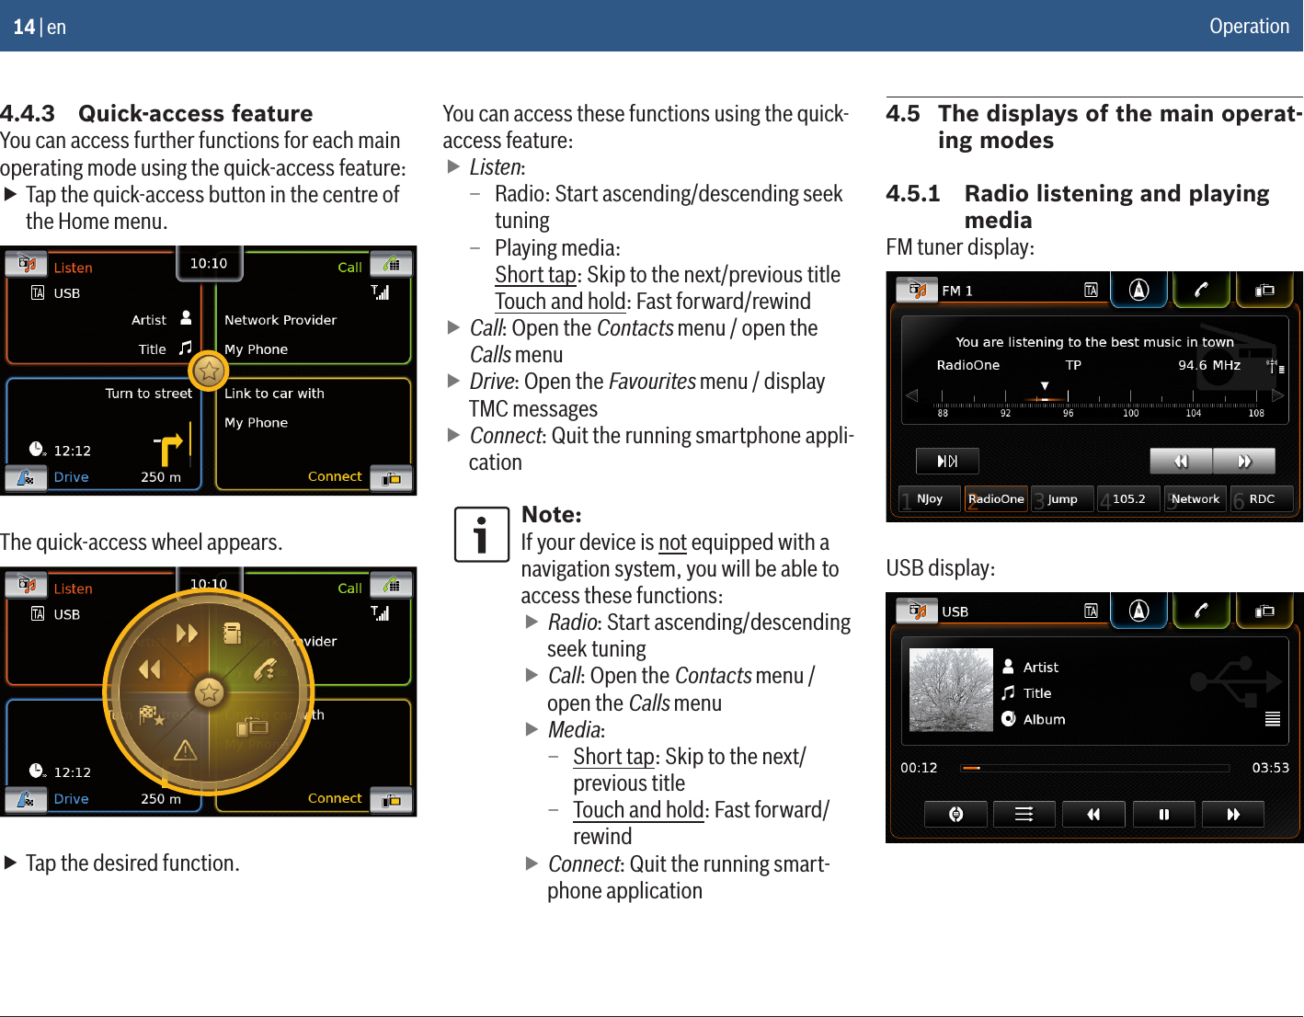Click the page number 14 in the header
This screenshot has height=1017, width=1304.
[x=23, y=27]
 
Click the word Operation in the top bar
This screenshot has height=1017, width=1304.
[x=1249, y=26]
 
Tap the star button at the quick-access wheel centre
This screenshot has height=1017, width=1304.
[x=209, y=692]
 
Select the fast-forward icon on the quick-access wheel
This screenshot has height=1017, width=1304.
[x=187, y=633]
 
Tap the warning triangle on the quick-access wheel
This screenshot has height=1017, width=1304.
[x=186, y=750]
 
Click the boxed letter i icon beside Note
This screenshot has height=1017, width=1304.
[x=481, y=534]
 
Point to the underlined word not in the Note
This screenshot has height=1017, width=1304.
[x=672, y=543]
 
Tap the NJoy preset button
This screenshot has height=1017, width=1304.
[x=930, y=498]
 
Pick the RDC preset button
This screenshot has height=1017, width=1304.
[x=1262, y=498]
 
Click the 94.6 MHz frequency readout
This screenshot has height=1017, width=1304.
[x=1209, y=365]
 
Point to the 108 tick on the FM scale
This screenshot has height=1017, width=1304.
[x=1256, y=413]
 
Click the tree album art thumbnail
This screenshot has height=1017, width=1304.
[x=951, y=690]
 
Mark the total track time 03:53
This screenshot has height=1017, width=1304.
[x=1270, y=768]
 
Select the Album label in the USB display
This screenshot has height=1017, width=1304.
[x=1044, y=719]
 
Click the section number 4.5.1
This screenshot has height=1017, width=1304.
[x=912, y=193]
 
